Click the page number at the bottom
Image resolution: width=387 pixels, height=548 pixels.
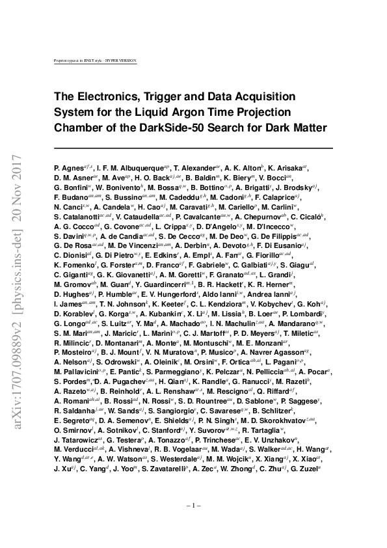coord(193,505)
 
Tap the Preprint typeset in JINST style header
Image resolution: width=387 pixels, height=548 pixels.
coord(96,61)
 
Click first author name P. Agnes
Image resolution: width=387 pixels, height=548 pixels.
coord(68,168)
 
